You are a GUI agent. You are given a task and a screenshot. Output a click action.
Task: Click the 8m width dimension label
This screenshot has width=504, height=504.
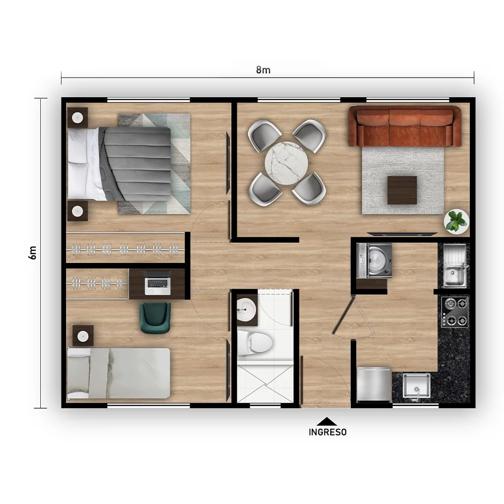coord(263,70)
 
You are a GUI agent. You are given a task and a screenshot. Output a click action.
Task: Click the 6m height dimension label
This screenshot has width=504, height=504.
coord(32,253)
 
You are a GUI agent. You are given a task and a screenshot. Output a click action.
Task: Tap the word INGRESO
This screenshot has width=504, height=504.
coord(328,432)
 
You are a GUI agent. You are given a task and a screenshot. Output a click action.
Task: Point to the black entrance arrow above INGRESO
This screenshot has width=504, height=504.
coord(327,421)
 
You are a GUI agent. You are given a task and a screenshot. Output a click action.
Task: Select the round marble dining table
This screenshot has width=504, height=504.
coord(286,163)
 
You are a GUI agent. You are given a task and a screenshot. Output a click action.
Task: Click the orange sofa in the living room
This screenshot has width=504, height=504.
coord(405,127)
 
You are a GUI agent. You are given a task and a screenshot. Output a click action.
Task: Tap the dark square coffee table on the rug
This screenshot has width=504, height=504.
coord(402,190)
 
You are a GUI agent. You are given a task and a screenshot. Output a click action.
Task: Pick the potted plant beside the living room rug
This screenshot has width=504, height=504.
coord(456,221)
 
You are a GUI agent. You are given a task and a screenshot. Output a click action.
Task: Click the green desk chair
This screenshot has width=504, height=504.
coord(155,318)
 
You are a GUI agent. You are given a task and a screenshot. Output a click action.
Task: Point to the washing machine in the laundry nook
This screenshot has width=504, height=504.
coord(374,261)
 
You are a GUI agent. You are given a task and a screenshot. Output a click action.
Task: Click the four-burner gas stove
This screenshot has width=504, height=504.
coord(455,312)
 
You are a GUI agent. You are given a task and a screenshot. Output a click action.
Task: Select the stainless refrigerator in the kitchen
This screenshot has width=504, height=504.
coord(374,385)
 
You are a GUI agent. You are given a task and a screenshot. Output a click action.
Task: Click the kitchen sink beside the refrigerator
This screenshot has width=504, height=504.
coord(417,386)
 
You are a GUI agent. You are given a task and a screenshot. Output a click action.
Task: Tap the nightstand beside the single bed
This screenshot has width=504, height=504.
coord(83,336)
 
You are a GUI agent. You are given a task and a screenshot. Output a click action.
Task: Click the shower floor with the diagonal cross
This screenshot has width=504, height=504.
coord(265,384)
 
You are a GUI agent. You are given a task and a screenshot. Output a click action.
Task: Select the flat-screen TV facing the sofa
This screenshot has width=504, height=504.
coord(402,234)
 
